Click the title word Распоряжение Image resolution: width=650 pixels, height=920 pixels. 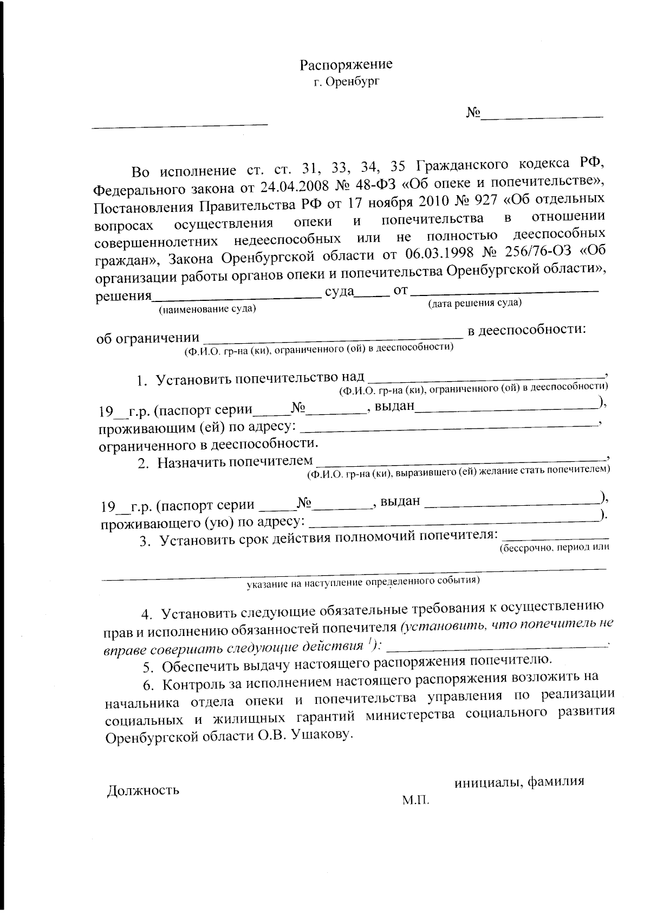pyautogui.click(x=346, y=65)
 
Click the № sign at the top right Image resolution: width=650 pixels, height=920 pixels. pyautogui.click(x=473, y=113)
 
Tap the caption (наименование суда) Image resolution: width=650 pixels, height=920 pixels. pyautogui.click(x=207, y=310)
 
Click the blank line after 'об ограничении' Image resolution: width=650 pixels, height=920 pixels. pyautogui.click(x=331, y=337)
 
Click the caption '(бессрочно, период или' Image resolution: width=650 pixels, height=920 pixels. pyautogui.click(x=554, y=548)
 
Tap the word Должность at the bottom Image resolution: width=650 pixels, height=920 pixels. pyautogui.click(x=144, y=790)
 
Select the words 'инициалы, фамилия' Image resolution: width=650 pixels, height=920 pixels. pyautogui.click(x=519, y=782)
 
